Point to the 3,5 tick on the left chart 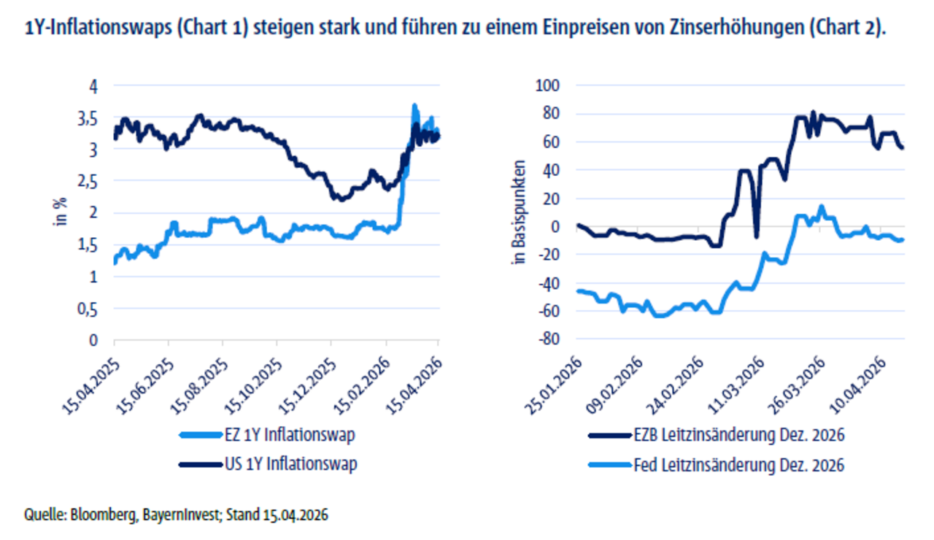pos(91,118)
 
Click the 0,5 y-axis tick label pos(91,309)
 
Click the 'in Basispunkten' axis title pos(520,213)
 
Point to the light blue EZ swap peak pos(415,106)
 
